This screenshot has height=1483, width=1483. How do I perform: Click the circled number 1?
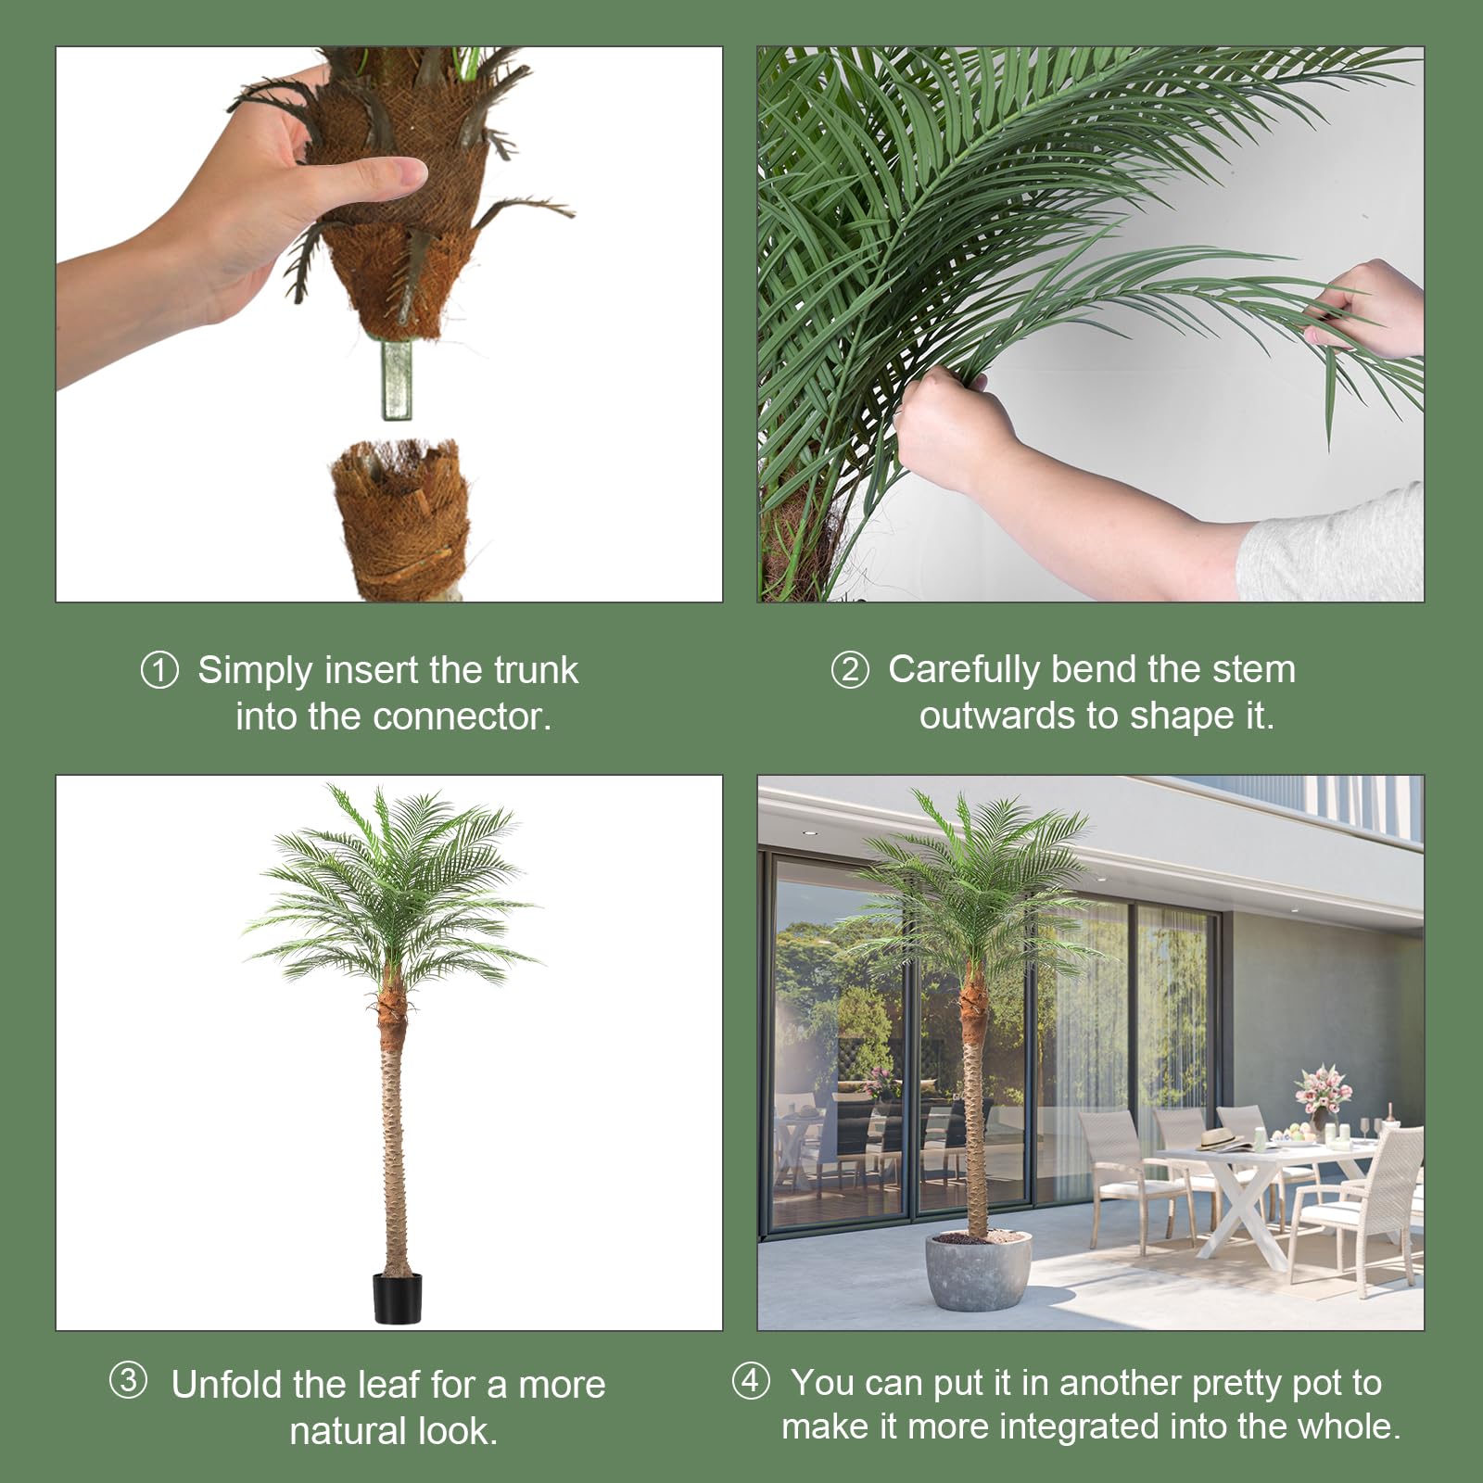tap(158, 670)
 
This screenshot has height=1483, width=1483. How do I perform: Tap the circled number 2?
tap(849, 669)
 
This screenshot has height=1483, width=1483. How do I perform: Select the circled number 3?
tap(128, 1381)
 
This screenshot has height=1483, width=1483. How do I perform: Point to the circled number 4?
tap(750, 1381)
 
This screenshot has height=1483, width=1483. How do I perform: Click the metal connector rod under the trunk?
tap(398, 380)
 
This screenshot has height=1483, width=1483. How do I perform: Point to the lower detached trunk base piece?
tap(399, 519)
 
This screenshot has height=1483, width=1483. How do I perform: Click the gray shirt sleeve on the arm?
tap(1335, 547)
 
